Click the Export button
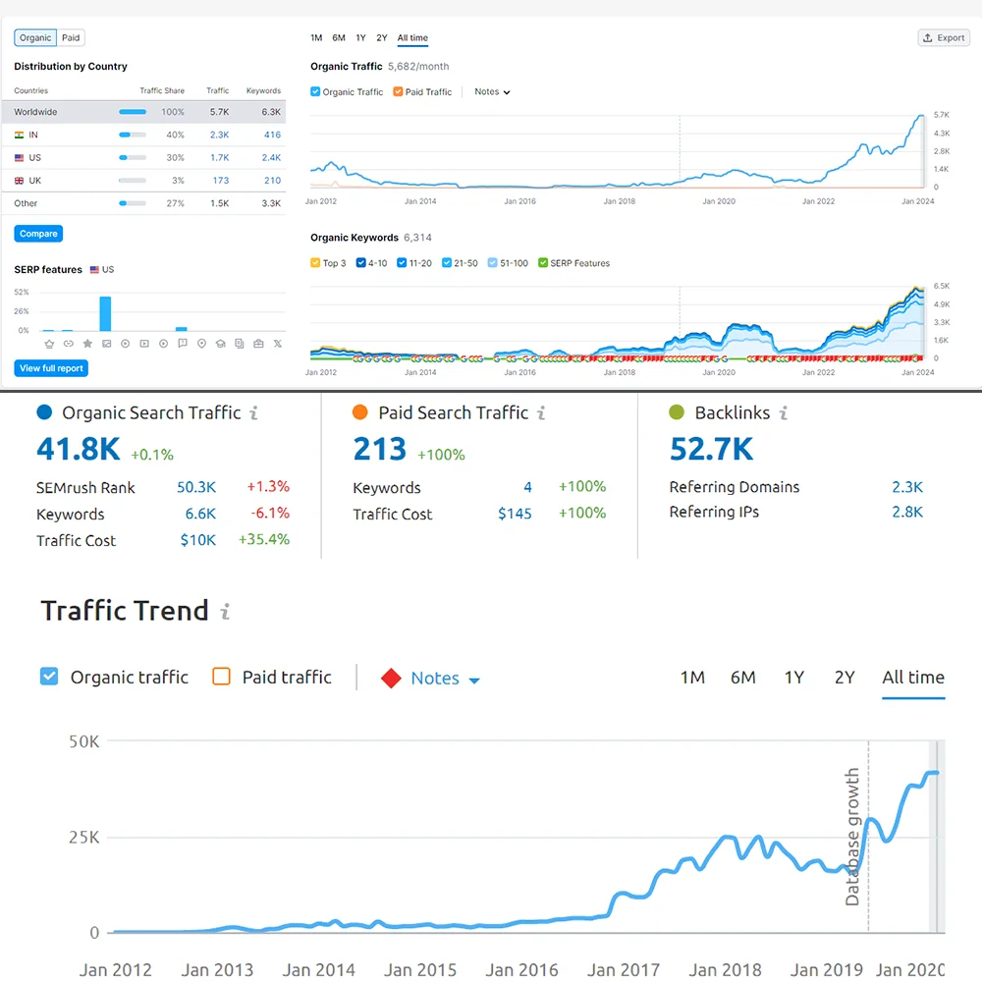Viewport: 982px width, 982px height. click(944, 37)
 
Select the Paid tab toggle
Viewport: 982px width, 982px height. click(71, 37)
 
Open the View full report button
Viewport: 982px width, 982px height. click(52, 368)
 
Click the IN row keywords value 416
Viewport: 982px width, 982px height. click(272, 135)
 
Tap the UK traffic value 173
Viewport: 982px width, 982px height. click(220, 181)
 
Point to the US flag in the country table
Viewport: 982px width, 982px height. click(20, 158)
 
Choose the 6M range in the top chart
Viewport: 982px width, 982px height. click(339, 38)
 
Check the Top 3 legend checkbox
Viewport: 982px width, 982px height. click(315, 263)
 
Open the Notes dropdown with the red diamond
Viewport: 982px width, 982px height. click(434, 679)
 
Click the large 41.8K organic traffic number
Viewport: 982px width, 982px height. click(79, 449)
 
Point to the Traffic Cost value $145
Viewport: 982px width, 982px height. click(515, 514)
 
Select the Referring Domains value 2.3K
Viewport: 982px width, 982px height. click(906, 487)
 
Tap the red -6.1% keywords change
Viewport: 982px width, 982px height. click(270, 514)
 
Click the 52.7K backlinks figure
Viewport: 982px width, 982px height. click(711, 449)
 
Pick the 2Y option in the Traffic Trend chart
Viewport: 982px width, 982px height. click(845, 678)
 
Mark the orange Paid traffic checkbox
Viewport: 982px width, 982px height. click(222, 677)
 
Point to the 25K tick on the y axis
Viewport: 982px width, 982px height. click(83, 838)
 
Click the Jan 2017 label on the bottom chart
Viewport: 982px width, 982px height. click(624, 969)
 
